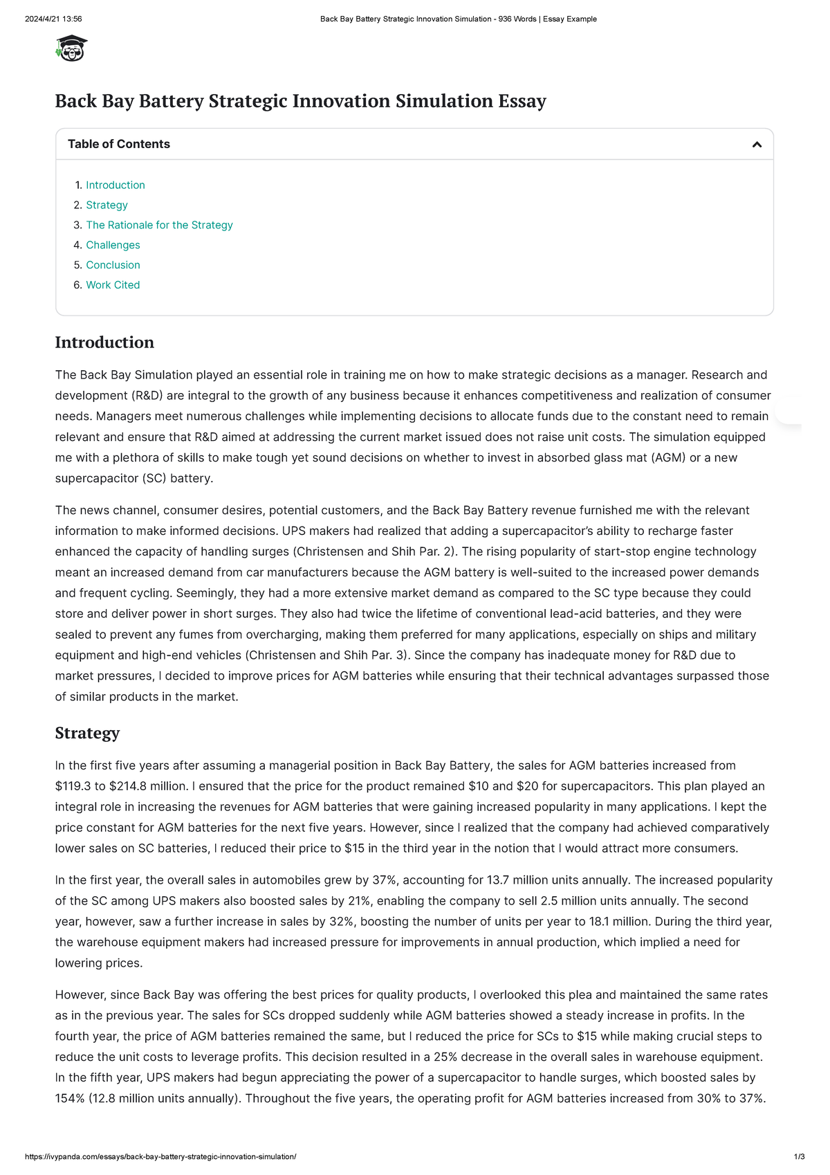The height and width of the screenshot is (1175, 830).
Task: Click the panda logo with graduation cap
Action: (x=71, y=48)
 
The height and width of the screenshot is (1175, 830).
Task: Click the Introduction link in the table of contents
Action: (x=116, y=185)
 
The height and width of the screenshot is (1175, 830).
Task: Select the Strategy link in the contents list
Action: (x=107, y=205)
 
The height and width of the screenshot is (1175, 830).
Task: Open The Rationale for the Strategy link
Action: (x=159, y=225)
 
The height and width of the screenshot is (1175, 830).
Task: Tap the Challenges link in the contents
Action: (x=113, y=245)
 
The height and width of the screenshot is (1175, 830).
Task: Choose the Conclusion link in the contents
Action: (x=113, y=265)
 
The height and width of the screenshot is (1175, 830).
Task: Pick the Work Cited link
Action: (x=113, y=285)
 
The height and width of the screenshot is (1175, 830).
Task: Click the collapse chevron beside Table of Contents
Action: (x=757, y=145)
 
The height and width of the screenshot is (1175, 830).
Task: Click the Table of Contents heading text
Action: (x=119, y=144)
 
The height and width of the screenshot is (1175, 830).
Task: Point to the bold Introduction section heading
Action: (x=104, y=343)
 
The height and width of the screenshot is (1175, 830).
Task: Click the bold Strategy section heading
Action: (x=87, y=733)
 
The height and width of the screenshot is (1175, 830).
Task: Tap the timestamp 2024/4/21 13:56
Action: (x=53, y=19)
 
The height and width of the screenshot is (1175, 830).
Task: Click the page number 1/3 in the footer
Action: (x=800, y=1157)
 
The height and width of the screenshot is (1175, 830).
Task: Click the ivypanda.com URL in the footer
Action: (x=160, y=1157)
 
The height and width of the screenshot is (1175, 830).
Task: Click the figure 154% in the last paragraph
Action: (x=70, y=1098)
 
